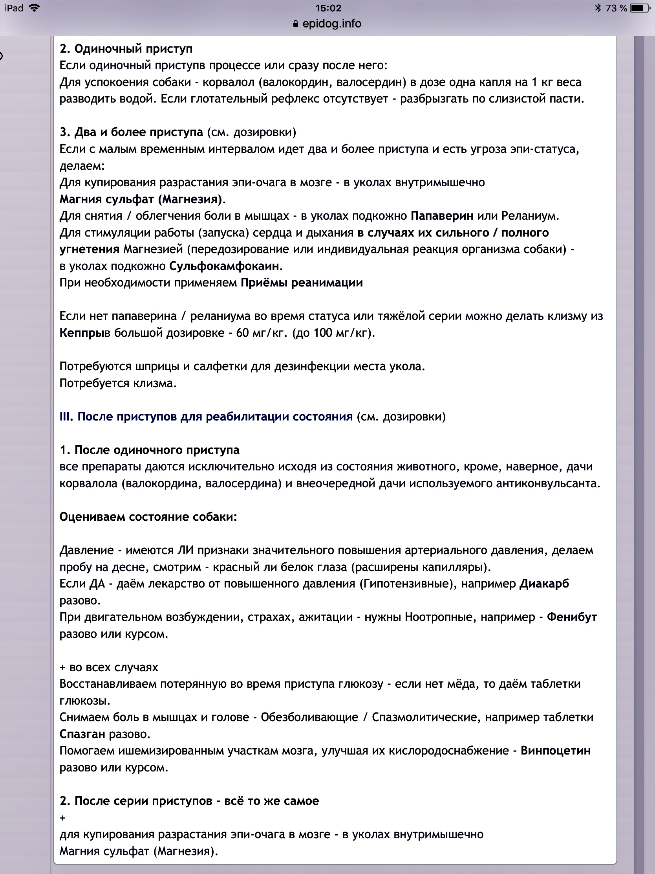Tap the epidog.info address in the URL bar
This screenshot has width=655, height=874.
331,24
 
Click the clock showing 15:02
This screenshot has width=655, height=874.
328,8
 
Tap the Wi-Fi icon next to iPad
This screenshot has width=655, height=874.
35,8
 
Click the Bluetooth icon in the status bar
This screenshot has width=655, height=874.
598,8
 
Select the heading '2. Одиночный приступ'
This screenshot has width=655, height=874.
126,49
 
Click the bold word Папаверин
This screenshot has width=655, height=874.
442,216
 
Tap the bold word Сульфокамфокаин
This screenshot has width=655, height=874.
224,266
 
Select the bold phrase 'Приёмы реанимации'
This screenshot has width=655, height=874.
302,283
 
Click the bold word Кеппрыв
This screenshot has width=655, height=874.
84,333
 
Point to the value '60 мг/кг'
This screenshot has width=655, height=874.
261,333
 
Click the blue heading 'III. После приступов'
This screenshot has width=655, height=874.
206,417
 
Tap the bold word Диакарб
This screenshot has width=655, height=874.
544,584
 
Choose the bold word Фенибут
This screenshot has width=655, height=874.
572,617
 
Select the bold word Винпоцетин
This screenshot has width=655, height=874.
556,750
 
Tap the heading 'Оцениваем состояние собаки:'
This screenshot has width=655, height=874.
148,517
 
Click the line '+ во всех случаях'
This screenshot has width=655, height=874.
108,667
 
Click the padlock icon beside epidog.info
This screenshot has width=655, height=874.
295,24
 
